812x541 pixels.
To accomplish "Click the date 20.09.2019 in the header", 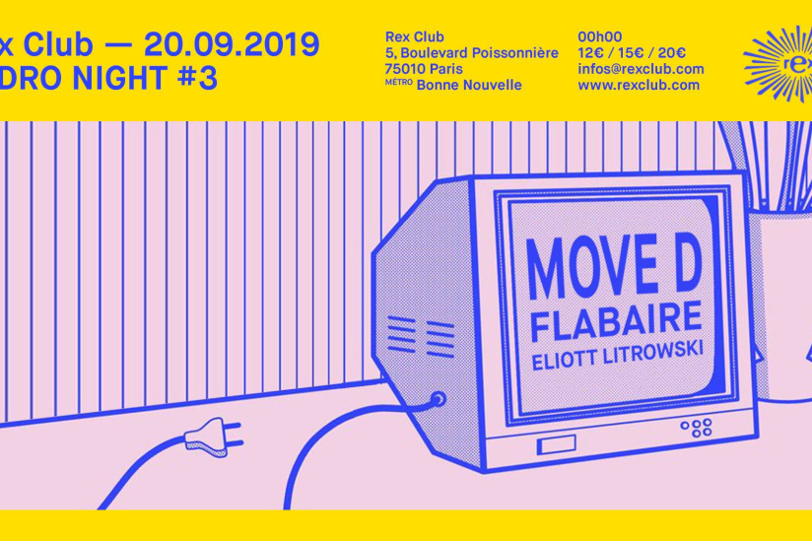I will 231,43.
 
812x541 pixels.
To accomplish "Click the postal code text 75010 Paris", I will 424,69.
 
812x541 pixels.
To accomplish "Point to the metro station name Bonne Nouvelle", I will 469,85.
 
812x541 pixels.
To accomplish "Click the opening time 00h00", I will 598,37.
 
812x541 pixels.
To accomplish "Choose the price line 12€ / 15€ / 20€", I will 632,53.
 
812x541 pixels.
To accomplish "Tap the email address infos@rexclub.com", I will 641,69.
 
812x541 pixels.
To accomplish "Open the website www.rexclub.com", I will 639,85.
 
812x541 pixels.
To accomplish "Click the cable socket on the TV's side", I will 438,400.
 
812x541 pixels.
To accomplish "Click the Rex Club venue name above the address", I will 415,37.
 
